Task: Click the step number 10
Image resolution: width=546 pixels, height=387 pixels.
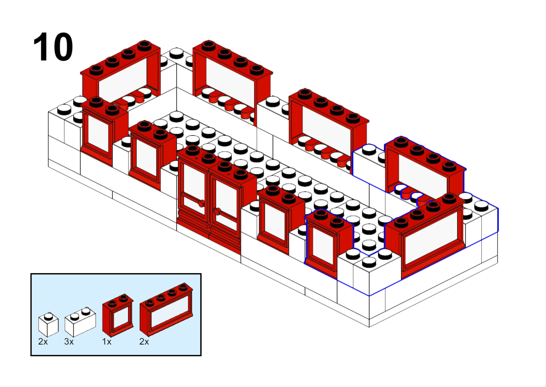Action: pyautogui.click(x=53, y=47)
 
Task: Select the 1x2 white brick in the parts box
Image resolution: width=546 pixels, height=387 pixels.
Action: pyautogui.click(x=80, y=322)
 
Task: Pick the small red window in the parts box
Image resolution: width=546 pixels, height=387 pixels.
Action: pyautogui.click(x=118, y=316)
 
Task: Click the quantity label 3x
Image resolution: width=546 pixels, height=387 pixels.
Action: pyautogui.click(x=69, y=342)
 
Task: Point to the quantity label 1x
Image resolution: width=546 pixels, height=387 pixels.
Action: pyautogui.click(x=107, y=342)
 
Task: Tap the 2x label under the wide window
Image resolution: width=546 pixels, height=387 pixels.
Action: pyautogui.click(x=144, y=342)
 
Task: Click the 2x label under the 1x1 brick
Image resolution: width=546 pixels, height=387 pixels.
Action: pyautogui.click(x=43, y=342)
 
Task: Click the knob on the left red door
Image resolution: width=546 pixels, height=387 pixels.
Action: pyautogui.click(x=201, y=203)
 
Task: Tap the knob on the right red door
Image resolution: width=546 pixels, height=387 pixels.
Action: pyautogui.click(x=217, y=211)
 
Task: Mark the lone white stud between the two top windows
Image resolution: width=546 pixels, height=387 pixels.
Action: pyautogui.click(x=176, y=53)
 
